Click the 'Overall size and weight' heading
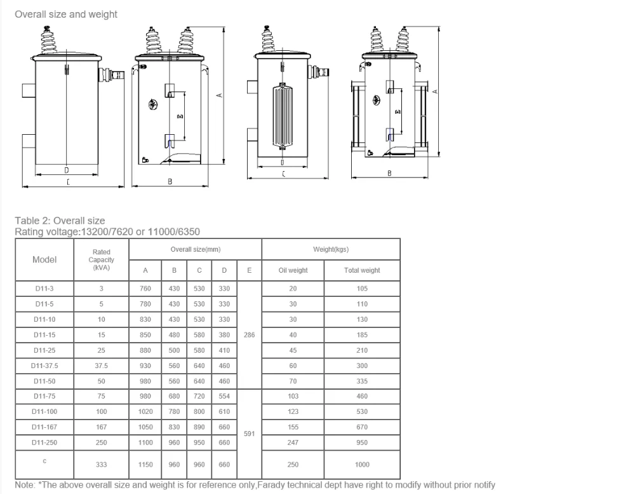(x=66, y=14)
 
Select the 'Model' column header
(x=44, y=259)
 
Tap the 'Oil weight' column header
(x=293, y=270)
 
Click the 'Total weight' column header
(x=362, y=270)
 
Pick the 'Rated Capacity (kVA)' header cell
(x=101, y=259)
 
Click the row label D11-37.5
(x=44, y=366)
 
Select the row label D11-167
(x=44, y=427)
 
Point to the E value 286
(x=250, y=334)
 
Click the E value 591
(x=250, y=434)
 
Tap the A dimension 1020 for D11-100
(x=145, y=411)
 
